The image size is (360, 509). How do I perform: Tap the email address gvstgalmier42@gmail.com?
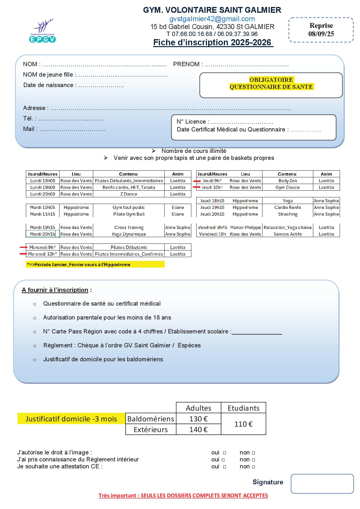coord(212,19)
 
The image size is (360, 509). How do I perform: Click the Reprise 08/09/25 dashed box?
coord(321,30)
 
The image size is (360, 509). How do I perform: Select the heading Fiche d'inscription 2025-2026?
coord(213,43)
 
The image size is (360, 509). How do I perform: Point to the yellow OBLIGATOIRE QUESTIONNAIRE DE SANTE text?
coord(271,83)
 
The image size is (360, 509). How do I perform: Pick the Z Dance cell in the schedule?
coord(129,194)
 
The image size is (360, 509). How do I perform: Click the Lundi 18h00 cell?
coord(43,181)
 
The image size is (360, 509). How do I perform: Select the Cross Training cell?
coord(129,228)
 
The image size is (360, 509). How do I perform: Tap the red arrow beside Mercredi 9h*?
coord(23,247)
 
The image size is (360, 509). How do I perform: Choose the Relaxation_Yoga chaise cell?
coord(287,228)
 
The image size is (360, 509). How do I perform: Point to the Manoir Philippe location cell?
coord(245,228)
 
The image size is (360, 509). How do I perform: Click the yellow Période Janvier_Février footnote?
coord(95,264)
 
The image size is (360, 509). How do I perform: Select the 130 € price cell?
coord(198,419)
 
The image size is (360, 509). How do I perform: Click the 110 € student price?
coord(243,424)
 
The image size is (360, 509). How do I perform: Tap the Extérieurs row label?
coord(151,429)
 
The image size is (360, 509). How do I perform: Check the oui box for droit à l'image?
coord(224,453)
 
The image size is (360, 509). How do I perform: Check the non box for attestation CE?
coord(253,467)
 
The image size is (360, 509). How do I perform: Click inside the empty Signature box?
coord(322,484)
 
